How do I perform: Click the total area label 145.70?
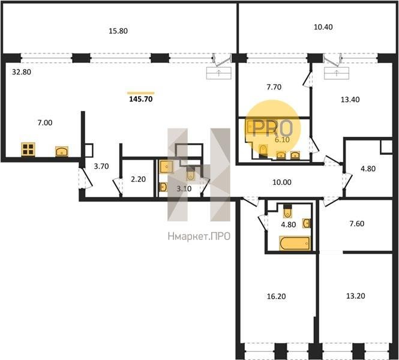141,99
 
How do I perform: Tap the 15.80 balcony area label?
118,31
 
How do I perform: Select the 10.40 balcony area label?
323,27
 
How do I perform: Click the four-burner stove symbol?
28,149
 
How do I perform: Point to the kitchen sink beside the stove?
62,151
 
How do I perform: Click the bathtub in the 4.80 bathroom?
295,243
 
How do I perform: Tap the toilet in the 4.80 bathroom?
287,211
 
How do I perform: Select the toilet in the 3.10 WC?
190,173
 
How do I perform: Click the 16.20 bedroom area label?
276,296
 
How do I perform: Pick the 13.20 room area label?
355,296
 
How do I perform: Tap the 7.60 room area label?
357,224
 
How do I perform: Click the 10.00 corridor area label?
282,182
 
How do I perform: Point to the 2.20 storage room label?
138,179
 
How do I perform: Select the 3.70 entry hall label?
101,166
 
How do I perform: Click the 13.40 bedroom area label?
350,100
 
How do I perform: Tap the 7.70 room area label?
274,87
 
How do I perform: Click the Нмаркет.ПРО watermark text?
199,236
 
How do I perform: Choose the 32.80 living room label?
22,72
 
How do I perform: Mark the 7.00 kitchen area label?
45,123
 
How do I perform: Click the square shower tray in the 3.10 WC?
166,167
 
